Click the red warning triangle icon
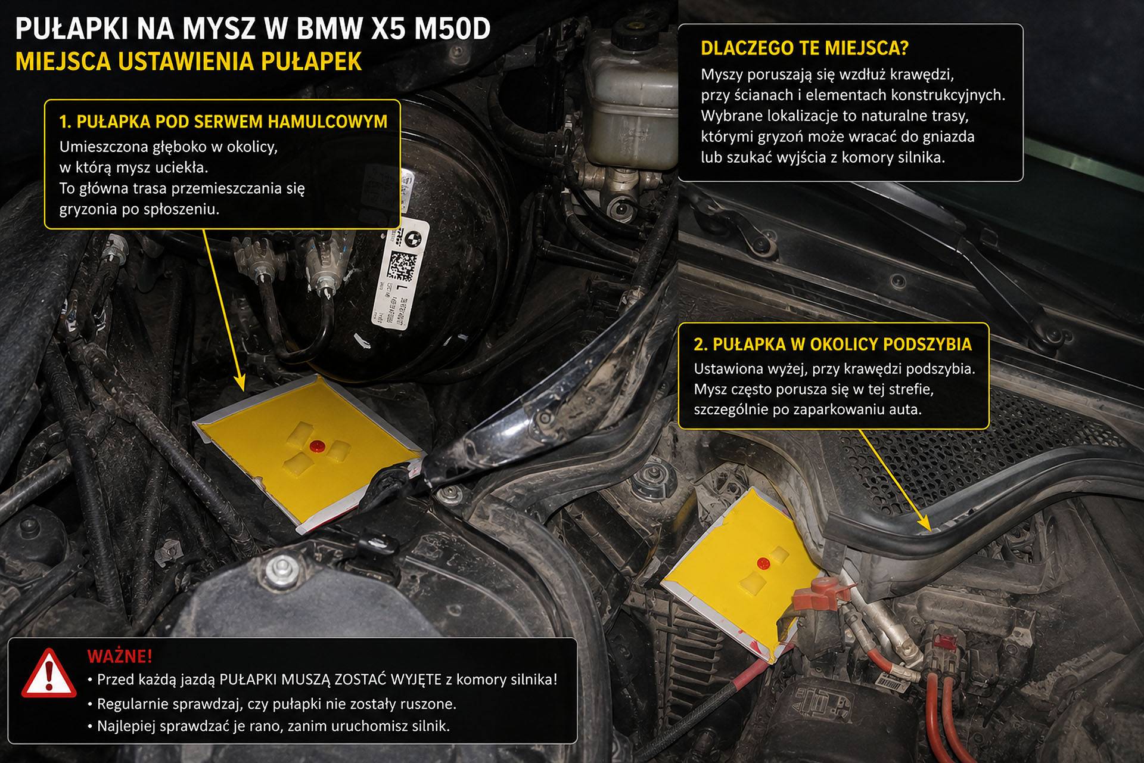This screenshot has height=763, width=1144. (x=49, y=674)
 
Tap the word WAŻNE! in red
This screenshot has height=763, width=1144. (x=120, y=656)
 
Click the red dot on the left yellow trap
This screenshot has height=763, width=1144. (x=316, y=445)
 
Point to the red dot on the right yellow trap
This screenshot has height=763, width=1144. (x=763, y=562)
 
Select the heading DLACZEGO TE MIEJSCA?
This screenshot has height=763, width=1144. (x=804, y=48)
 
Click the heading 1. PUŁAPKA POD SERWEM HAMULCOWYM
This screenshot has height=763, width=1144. (x=223, y=122)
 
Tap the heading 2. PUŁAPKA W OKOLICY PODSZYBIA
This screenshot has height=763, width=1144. (x=832, y=344)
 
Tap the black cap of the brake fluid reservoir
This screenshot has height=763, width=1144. (x=636, y=33)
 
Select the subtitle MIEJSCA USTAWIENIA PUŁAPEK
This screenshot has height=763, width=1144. (x=188, y=61)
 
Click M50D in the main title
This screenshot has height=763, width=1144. (x=452, y=29)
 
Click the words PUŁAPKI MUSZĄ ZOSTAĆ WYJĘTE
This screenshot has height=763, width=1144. (x=331, y=680)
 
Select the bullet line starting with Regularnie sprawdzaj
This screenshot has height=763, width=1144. (x=276, y=704)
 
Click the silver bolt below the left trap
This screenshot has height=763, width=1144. (x=281, y=569)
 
